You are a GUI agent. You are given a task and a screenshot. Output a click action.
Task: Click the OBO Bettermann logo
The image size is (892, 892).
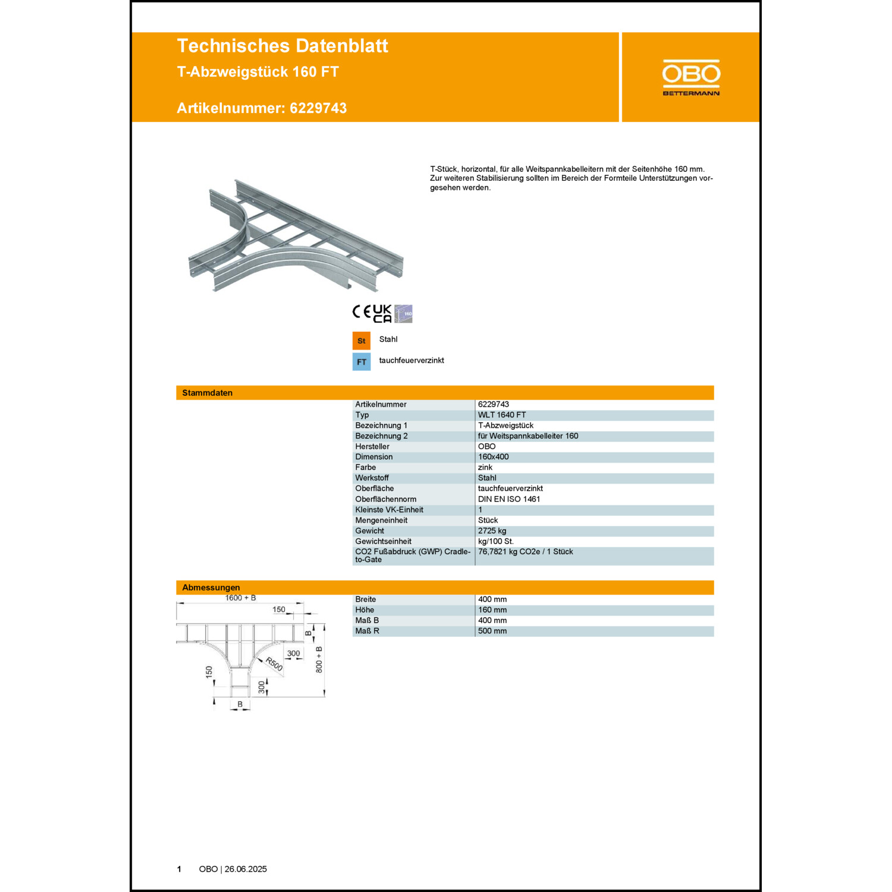691,77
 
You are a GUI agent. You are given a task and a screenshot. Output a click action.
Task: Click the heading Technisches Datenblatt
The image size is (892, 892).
282,46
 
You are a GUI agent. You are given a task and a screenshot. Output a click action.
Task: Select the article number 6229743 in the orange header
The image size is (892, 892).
318,108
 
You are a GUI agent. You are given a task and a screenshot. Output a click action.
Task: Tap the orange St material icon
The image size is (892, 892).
362,341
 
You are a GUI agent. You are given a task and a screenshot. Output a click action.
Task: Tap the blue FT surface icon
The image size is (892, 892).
362,362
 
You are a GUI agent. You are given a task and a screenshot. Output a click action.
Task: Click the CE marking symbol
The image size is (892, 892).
362,312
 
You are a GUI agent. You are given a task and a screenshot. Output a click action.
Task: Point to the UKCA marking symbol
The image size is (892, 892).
382,313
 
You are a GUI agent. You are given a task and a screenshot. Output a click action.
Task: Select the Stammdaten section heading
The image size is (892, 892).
208,393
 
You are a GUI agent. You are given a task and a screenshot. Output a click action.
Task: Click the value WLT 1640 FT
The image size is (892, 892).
502,415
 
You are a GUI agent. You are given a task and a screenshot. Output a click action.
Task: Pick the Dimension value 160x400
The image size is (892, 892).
494,457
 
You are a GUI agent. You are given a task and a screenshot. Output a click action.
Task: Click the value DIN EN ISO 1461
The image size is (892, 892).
509,499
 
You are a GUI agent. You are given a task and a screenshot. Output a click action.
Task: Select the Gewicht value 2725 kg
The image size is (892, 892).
492,531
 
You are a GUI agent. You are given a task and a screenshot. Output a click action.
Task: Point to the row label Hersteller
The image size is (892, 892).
372,447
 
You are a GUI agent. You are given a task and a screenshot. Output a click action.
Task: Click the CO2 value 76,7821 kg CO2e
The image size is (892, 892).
508,552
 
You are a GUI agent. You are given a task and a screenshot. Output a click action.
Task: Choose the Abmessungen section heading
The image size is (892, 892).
211,588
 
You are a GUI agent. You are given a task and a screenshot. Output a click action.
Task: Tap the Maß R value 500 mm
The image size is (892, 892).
492,631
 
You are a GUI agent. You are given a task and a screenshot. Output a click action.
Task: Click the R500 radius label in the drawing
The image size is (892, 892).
274,664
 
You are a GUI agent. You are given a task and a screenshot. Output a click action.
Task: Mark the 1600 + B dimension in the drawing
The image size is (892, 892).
240,598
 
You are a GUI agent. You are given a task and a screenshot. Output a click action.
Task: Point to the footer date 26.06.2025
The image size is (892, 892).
246,869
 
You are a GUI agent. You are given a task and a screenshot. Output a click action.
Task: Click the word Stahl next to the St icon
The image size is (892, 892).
388,340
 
